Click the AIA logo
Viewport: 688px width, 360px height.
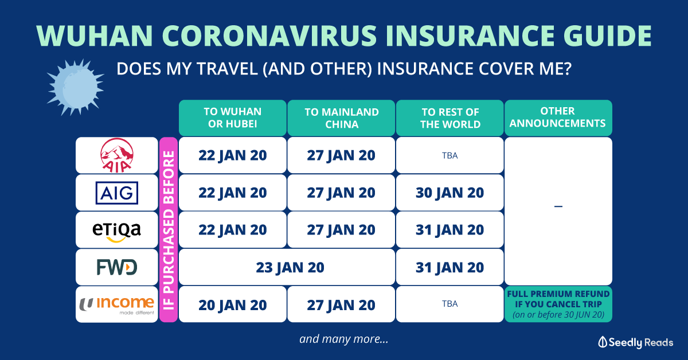click(117, 155)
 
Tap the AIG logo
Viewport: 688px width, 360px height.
click(117, 193)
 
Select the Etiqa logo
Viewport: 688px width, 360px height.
click(117, 232)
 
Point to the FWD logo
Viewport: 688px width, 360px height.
click(117, 267)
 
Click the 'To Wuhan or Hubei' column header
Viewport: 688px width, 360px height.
click(233, 118)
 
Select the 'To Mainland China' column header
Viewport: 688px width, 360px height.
click(341, 118)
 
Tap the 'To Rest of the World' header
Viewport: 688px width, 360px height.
click(450, 118)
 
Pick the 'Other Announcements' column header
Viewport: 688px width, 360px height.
click(558, 118)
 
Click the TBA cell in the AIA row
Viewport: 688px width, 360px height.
click(450, 155)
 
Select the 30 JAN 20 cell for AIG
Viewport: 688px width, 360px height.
click(450, 193)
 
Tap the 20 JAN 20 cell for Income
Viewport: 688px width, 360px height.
click(233, 305)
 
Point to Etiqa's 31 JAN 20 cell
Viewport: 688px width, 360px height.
click(450, 230)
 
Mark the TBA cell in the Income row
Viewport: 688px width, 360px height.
click(450, 304)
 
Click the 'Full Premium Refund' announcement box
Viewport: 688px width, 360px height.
click(558, 304)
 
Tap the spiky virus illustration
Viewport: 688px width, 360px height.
click(76, 87)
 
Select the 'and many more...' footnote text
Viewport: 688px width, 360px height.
click(343, 339)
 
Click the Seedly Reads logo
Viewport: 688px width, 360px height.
click(635, 342)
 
